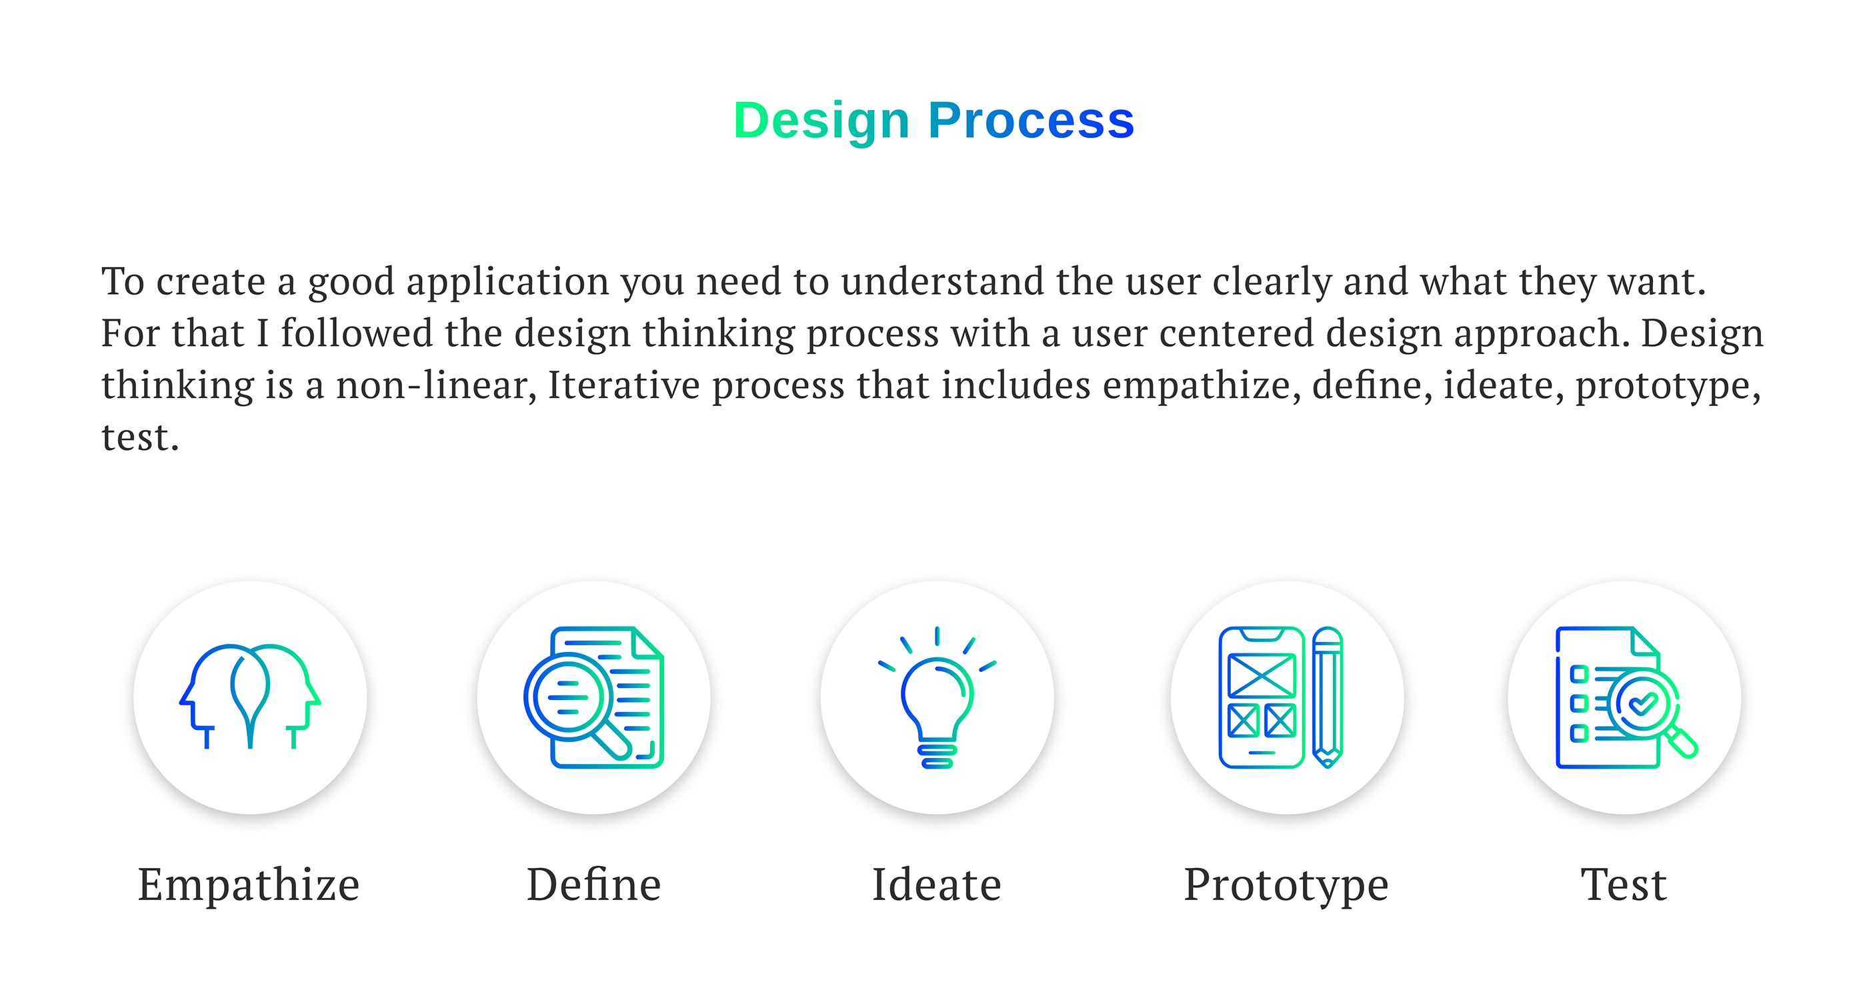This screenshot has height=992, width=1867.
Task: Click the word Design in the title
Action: pos(822,122)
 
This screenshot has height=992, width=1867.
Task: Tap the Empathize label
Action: pos(249,885)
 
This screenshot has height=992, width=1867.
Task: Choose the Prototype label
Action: pos(1286,886)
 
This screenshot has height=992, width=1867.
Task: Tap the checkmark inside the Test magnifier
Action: pos(1642,703)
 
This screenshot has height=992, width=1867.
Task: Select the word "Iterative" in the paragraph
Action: pos(624,385)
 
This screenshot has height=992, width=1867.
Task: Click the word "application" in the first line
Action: pos(507,282)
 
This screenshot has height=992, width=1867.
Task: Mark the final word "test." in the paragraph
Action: pos(140,438)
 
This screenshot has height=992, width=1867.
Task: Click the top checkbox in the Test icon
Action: pos(1579,674)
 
